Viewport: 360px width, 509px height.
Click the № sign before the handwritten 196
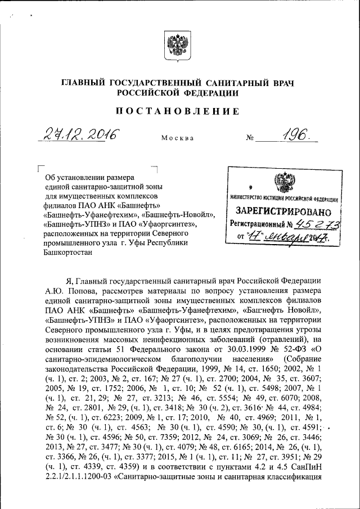[x=250, y=137]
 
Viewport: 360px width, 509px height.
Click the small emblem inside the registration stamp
[x=280, y=184]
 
